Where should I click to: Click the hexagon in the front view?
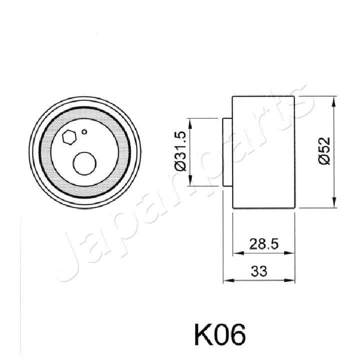point(69,137)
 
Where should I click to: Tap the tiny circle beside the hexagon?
point(84,132)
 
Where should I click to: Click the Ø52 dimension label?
point(325,151)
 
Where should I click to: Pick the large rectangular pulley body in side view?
point(263,152)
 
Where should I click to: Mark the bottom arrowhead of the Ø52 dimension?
point(334,205)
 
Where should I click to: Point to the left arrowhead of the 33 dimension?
point(226,280)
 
